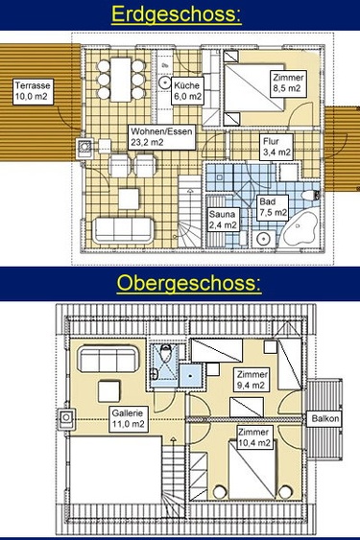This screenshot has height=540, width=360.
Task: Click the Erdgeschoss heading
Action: click(x=177, y=14)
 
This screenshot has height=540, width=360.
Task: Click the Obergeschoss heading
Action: click(x=189, y=284)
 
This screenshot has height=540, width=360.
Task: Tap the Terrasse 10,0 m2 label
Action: click(x=33, y=91)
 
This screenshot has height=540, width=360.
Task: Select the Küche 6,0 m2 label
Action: click(x=186, y=91)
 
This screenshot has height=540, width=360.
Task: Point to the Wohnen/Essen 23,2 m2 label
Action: click(x=161, y=137)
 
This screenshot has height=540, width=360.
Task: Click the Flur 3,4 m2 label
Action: click(x=276, y=147)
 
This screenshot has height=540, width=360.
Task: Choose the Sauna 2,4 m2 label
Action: click(x=223, y=220)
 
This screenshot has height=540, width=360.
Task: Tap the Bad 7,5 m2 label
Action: click(x=273, y=207)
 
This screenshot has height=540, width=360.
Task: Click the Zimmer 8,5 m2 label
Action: click(x=288, y=82)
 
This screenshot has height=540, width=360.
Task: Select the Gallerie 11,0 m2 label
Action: click(x=128, y=419)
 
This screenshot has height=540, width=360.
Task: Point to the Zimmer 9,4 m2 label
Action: click(x=252, y=380)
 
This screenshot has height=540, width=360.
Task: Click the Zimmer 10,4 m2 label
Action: click(x=254, y=437)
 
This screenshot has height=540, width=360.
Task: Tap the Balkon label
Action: click(x=324, y=419)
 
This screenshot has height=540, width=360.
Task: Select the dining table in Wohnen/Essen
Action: click(x=121, y=80)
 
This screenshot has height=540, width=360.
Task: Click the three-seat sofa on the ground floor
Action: click(x=123, y=229)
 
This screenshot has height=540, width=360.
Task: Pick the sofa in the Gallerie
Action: click(x=108, y=359)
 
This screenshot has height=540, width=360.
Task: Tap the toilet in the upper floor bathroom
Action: click(x=166, y=351)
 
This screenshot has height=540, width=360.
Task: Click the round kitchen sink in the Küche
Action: click(x=164, y=83)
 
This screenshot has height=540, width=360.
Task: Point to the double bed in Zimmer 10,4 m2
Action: click(x=252, y=470)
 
